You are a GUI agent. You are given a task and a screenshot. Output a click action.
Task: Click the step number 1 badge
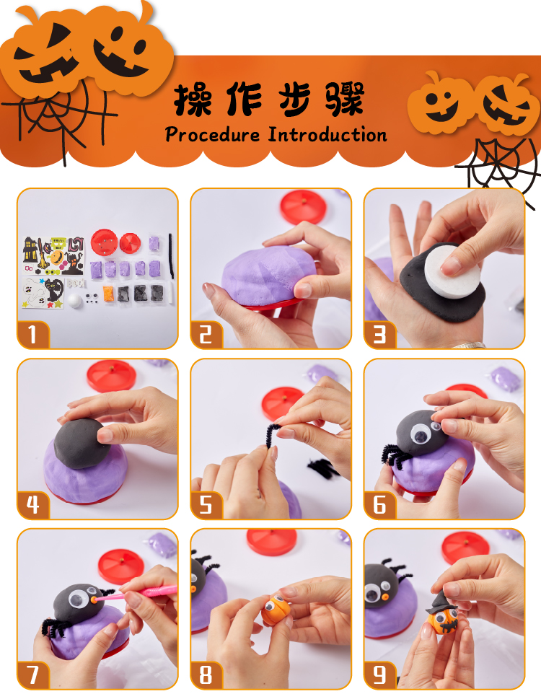click(32, 335)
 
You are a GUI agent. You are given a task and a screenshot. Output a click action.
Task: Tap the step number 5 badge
click(206, 504)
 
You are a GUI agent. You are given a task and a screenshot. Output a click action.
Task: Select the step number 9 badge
click(380, 675)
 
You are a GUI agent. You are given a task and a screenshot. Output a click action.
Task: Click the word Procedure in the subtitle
click(213, 134)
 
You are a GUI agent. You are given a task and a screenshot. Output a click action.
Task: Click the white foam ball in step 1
click(75, 301)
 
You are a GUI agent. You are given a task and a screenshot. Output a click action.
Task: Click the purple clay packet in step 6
click(504, 379)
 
